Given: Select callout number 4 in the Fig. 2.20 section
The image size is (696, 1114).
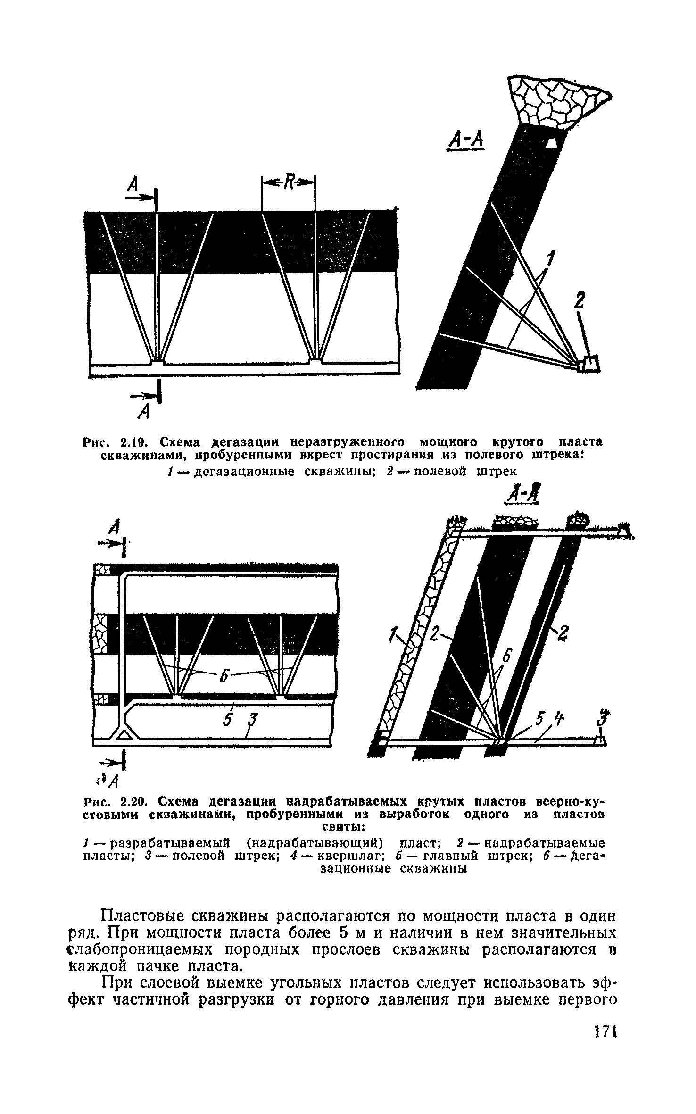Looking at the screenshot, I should [x=559, y=719].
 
